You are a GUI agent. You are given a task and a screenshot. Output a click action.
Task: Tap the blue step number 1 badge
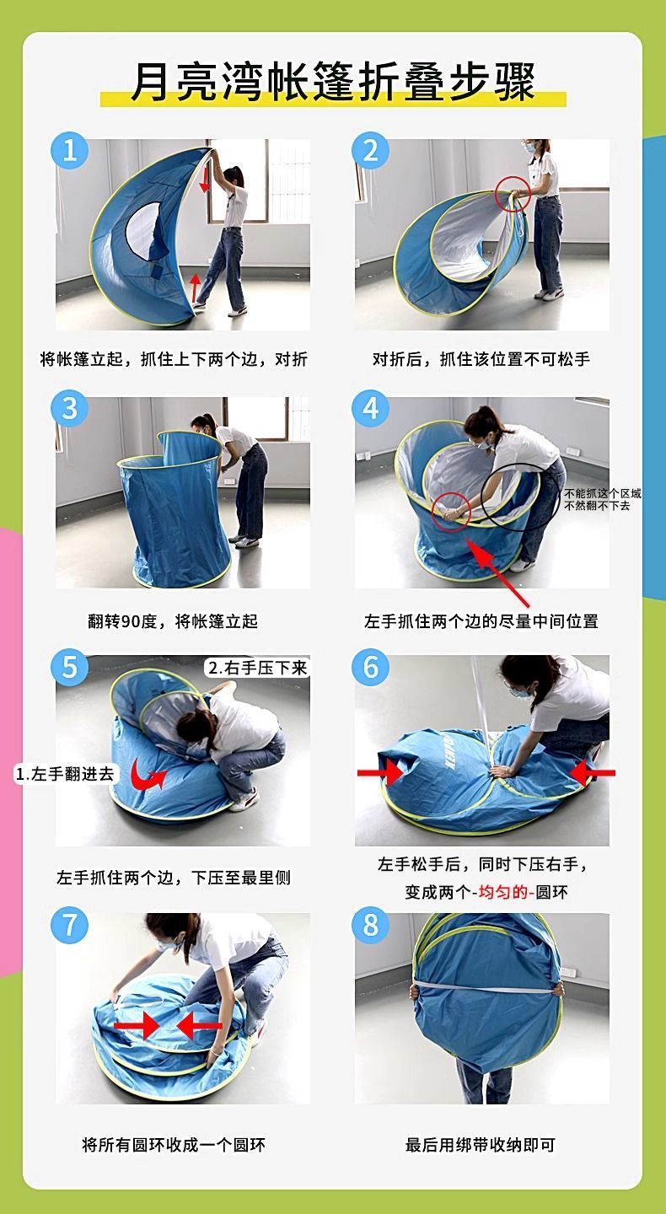pos(70,150)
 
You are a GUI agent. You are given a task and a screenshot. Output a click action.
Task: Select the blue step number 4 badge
pos(371,408)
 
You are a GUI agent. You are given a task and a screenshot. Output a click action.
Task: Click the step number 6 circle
pos(371,668)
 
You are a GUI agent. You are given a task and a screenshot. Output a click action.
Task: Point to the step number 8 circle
pos(371,925)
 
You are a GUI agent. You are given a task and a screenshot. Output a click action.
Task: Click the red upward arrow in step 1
pos(196,287)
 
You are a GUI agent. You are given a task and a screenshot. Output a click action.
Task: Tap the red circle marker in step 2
pos(513,194)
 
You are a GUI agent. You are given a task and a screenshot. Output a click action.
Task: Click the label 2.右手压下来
pos(257,668)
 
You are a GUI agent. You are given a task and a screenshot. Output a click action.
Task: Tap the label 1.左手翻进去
pos(66,773)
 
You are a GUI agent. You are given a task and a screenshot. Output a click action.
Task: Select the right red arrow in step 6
pos(593,772)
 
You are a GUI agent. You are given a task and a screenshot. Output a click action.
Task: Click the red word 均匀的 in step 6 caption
pos(504,892)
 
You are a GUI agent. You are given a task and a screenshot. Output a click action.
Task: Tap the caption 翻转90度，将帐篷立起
pos(173,621)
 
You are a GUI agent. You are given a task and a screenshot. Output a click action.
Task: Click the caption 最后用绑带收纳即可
pos(481,1145)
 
